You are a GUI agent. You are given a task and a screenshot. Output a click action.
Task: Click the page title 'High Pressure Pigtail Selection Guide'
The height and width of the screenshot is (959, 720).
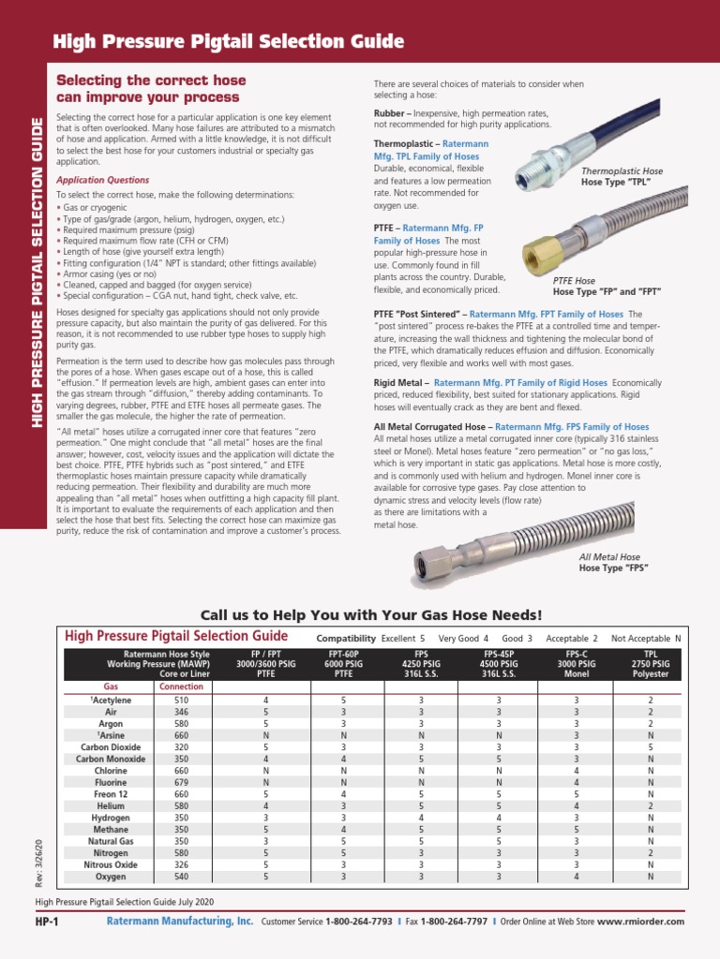click(229, 42)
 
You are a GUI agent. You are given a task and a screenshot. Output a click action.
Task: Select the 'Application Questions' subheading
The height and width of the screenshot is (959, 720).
click(102, 180)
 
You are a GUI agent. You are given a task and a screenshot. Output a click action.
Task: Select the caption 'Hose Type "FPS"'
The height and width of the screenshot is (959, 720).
click(613, 568)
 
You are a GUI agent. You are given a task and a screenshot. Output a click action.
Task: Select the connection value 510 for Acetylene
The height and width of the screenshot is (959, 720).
click(181, 700)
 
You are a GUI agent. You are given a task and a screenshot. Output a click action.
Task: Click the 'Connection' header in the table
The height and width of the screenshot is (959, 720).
click(181, 686)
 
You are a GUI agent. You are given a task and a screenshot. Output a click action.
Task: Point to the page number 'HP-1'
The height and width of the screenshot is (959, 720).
click(47, 922)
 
